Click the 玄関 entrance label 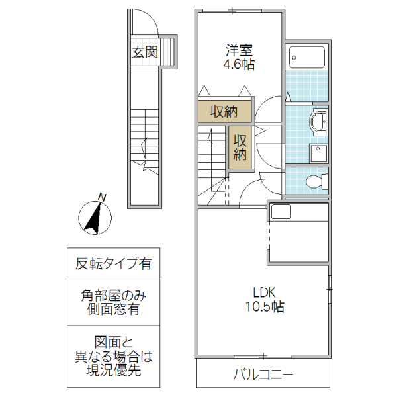(x=144, y=52)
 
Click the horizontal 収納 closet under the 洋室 (x=224, y=111)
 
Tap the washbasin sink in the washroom (x=318, y=122)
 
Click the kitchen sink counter (x=281, y=212)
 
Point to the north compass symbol (x=95, y=218)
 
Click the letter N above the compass (x=101, y=196)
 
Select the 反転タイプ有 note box (x=113, y=264)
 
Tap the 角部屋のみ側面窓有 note (x=113, y=302)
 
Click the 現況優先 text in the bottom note (x=113, y=371)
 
